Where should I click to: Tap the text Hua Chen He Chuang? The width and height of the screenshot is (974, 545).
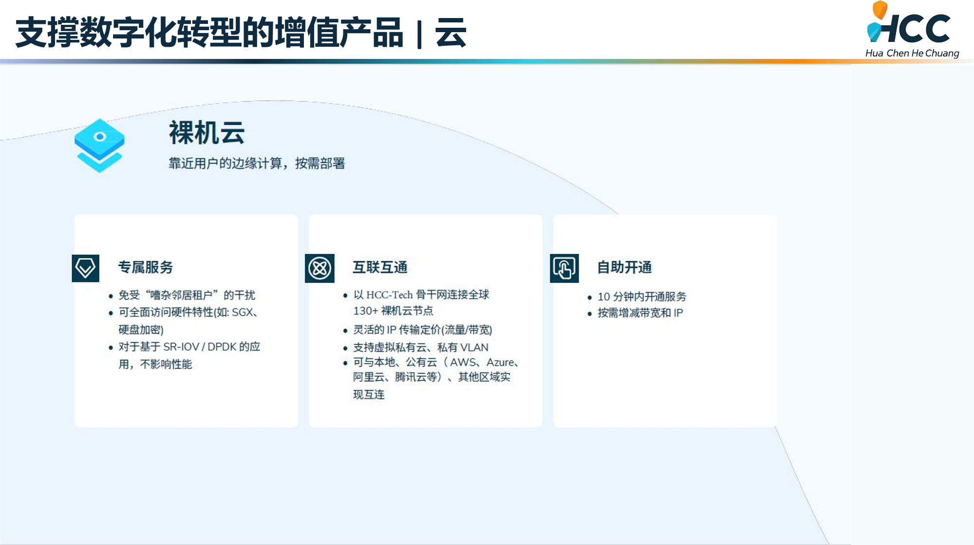coord(912,53)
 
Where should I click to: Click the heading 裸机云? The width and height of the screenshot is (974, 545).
coord(206,132)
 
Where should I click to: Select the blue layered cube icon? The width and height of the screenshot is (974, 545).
coord(99,145)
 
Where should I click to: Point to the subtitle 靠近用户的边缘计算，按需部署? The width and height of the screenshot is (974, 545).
coord(257,163)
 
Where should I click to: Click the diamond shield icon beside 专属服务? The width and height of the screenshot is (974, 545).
coord(85,268)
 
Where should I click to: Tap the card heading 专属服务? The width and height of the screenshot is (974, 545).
coord(145,267)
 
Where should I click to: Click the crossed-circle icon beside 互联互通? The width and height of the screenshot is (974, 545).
coord(319,268)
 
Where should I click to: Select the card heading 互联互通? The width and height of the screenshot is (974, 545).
coord(380,267)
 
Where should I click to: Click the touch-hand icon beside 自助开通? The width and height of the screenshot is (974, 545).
coord(564,268)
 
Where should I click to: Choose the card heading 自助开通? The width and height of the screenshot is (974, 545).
coord(624,267)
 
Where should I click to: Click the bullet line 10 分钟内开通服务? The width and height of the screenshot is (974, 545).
coord(641,297)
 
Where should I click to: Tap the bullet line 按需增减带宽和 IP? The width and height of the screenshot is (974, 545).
coord(640,313)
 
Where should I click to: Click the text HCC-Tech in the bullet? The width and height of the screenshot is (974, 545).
coord(389,295)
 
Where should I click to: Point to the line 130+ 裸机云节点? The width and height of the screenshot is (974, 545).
coord(393,311)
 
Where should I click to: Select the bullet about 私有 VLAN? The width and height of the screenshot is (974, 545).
coord(420,347)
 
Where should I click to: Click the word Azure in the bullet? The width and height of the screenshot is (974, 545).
coord(500,362)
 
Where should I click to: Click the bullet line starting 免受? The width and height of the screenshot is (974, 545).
coord(187,295)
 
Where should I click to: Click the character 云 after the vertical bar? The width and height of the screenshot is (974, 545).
coord(450,33)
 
